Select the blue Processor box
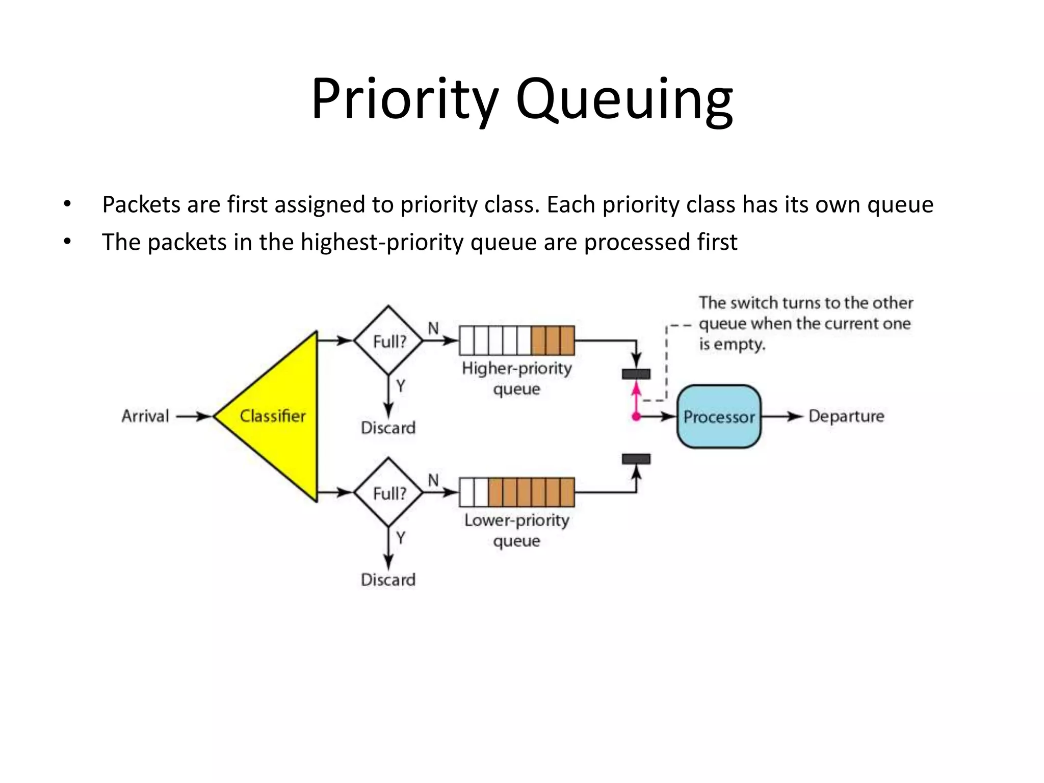tap(718, 416)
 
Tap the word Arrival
tap(145, 416)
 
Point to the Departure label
tap(846, 416)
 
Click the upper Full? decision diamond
tap(388, 341)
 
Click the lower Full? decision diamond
tap(388, 492)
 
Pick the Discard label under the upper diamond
tap(388, 428)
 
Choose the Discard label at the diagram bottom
tap(388, 580)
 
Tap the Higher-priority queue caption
tap(516, 378)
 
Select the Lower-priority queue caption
tap(516, 530)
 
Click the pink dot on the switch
tap(636, 417)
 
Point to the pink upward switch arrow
tap(636, 398)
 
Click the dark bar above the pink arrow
tap(636, 374)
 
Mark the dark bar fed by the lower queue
tap(636, 459)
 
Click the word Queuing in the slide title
tap(624, 99)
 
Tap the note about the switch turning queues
tap(805, 323)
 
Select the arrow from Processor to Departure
tap(782, 416)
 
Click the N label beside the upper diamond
tap(433, 328)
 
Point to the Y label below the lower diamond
tap(401, 538)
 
